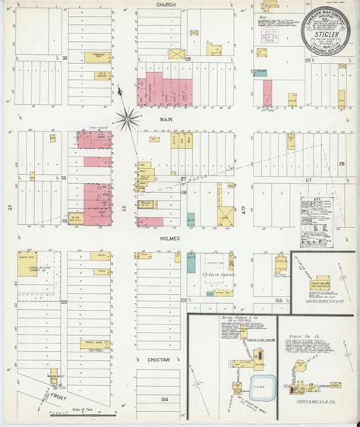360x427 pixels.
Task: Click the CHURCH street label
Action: pyautogui.click(x=166, y=5)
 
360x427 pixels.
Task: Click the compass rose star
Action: pyautogui.click(x=128, y=116)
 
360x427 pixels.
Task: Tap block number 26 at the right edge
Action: pyautogui.click(x=342, y=163)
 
